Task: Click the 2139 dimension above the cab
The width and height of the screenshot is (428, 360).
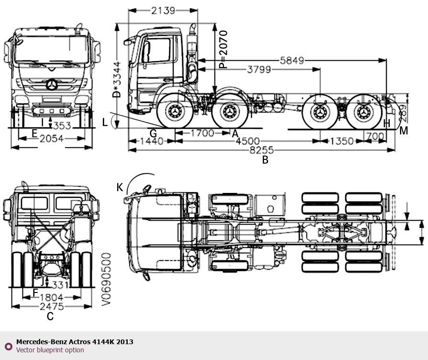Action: point(163,10)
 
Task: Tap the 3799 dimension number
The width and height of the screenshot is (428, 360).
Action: point(259,70)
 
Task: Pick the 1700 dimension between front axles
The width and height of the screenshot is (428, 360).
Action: point(202,133)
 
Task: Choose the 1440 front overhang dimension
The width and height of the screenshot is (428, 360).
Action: point(149,141)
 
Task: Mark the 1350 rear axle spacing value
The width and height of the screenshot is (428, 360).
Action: point(341,141)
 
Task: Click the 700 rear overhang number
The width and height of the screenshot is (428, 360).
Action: point(375,136)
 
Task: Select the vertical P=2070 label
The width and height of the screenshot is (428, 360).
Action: point(222,50)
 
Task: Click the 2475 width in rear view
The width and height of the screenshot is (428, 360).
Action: point(53,306)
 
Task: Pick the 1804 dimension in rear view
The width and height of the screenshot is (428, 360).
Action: point(53,297)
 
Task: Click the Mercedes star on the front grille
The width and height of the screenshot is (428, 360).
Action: point(51,85)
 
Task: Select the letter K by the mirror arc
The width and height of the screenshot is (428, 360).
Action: point(120,187)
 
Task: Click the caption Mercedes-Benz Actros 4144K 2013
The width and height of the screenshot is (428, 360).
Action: point(75,342)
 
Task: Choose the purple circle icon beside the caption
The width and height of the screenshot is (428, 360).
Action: point(8,346)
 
